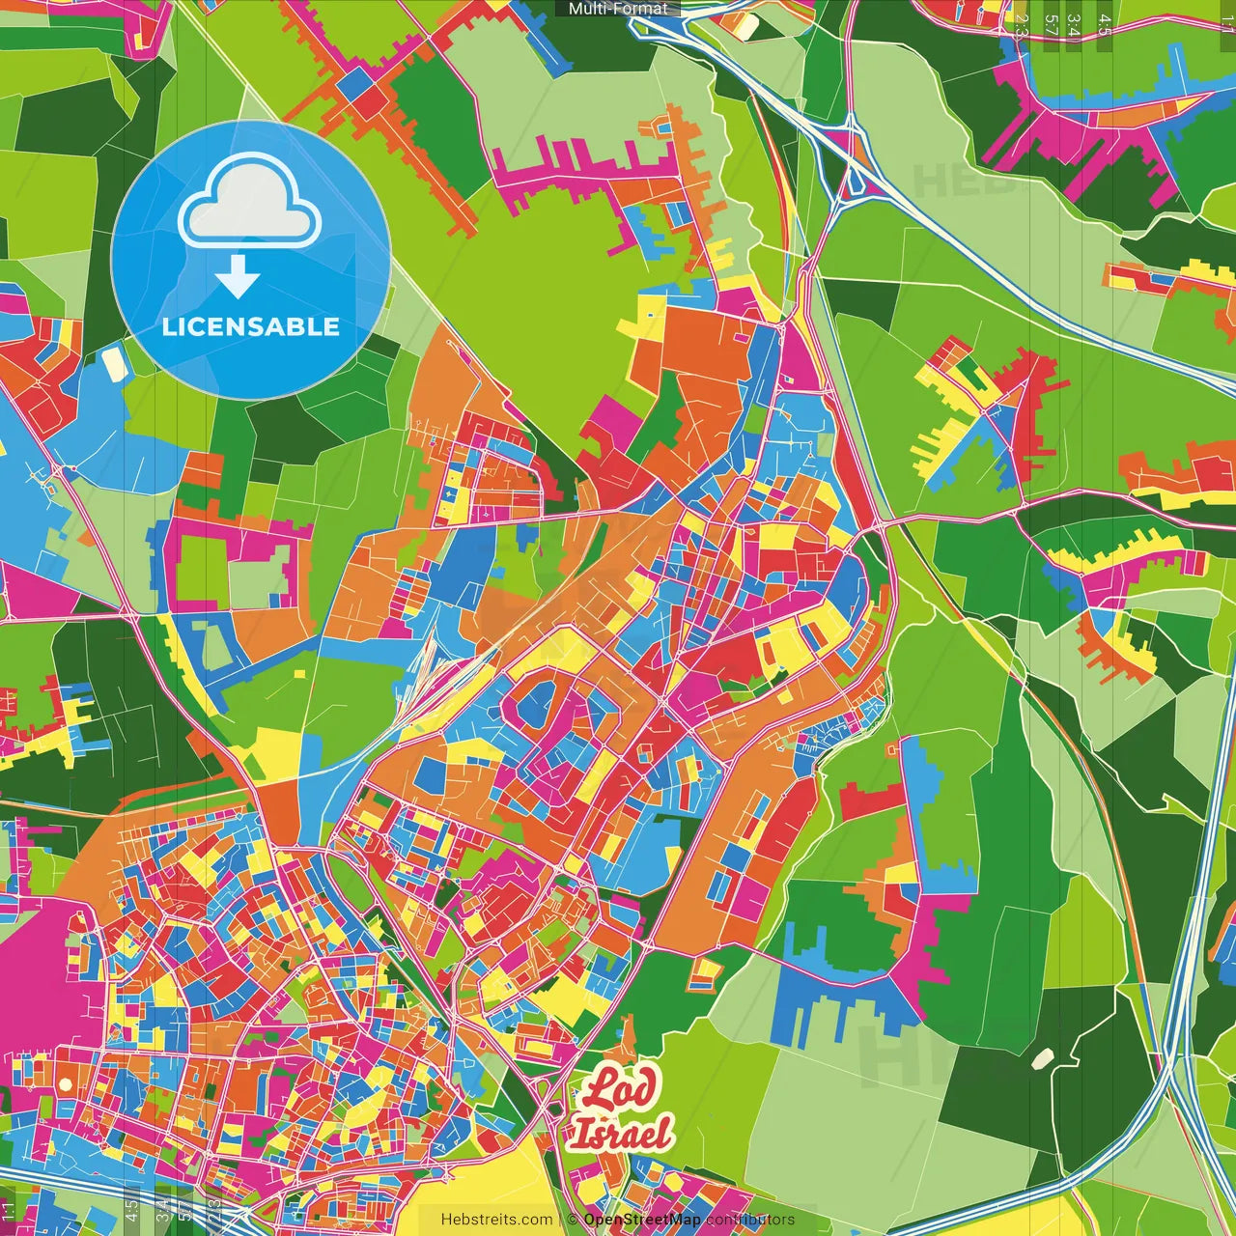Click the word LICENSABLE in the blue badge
click(x=251, y=326)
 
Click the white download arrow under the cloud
click(x=238, y=277)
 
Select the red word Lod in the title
click(x=618, y=1089)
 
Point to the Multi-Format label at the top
click(x=618, y=9)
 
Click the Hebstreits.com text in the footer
click(x=496, y=1220)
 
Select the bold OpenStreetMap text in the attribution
click(x=642, y=1220)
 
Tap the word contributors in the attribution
click(x=750, y=1220)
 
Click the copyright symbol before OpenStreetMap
click(x=573, y=1220)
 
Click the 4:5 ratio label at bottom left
click(x=131, y=1212)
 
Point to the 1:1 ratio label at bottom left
click(x=9, y=1212)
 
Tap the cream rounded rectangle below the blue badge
click(x=114, y=363)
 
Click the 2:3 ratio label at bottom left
click(x=214, y=1212)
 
